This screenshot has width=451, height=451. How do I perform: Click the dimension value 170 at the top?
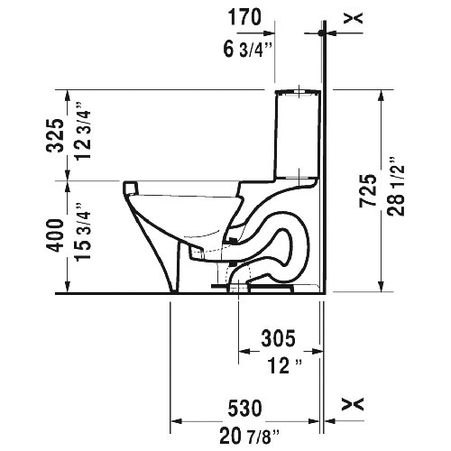click(x=244, y=15)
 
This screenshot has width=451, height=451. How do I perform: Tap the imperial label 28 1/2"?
click(x=394, y=191)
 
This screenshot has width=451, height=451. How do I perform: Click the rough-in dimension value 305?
click(x=279, y=339)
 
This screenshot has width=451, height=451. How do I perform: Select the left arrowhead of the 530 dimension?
click(x=177, y=420)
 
